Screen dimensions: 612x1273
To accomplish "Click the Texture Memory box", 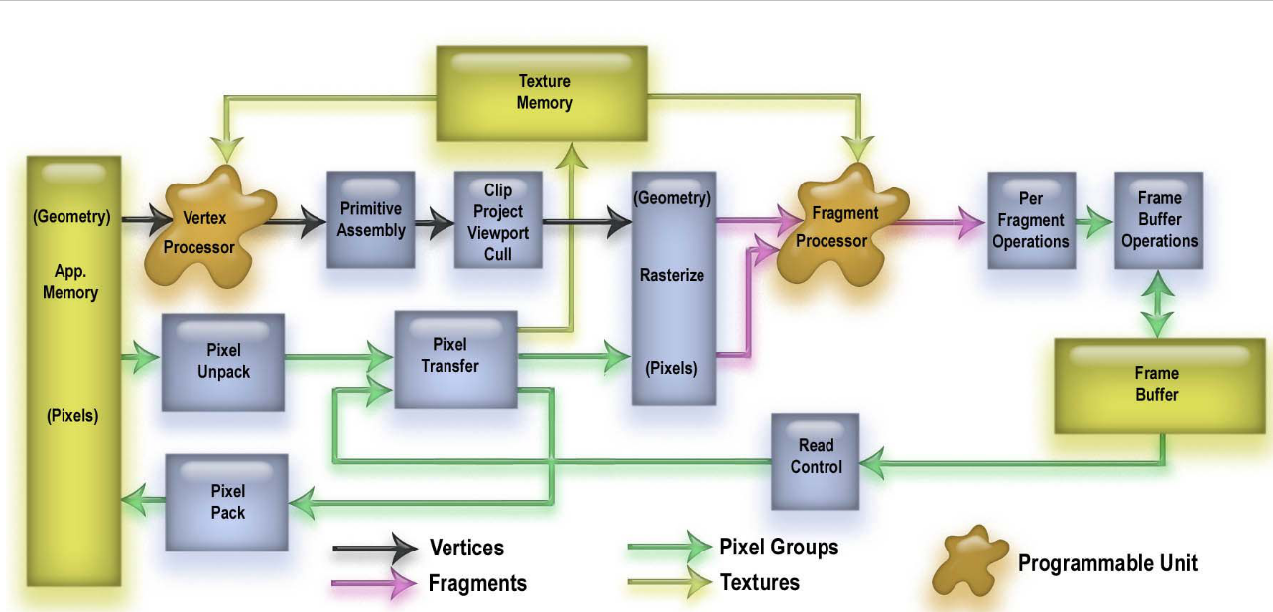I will click(544, 92).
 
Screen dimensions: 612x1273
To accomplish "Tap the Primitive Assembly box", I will click(371, 219).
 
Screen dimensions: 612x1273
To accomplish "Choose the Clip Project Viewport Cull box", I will click(498, 220).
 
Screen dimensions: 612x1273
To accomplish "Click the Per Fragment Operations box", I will click(1031, 220).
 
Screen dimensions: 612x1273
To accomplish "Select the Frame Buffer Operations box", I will click(1159, 220).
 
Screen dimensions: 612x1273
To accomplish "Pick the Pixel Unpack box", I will click(223, 362).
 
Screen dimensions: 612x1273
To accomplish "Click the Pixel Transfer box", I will click(455, 357).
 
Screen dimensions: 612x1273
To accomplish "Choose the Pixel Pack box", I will click(227, 502).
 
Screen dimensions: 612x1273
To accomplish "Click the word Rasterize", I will click(672, 275).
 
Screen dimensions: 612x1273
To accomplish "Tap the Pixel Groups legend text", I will click(779, 547).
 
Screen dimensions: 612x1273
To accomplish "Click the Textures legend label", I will click(759, 582).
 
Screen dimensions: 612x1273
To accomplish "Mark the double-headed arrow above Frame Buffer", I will click(1159, 302).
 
